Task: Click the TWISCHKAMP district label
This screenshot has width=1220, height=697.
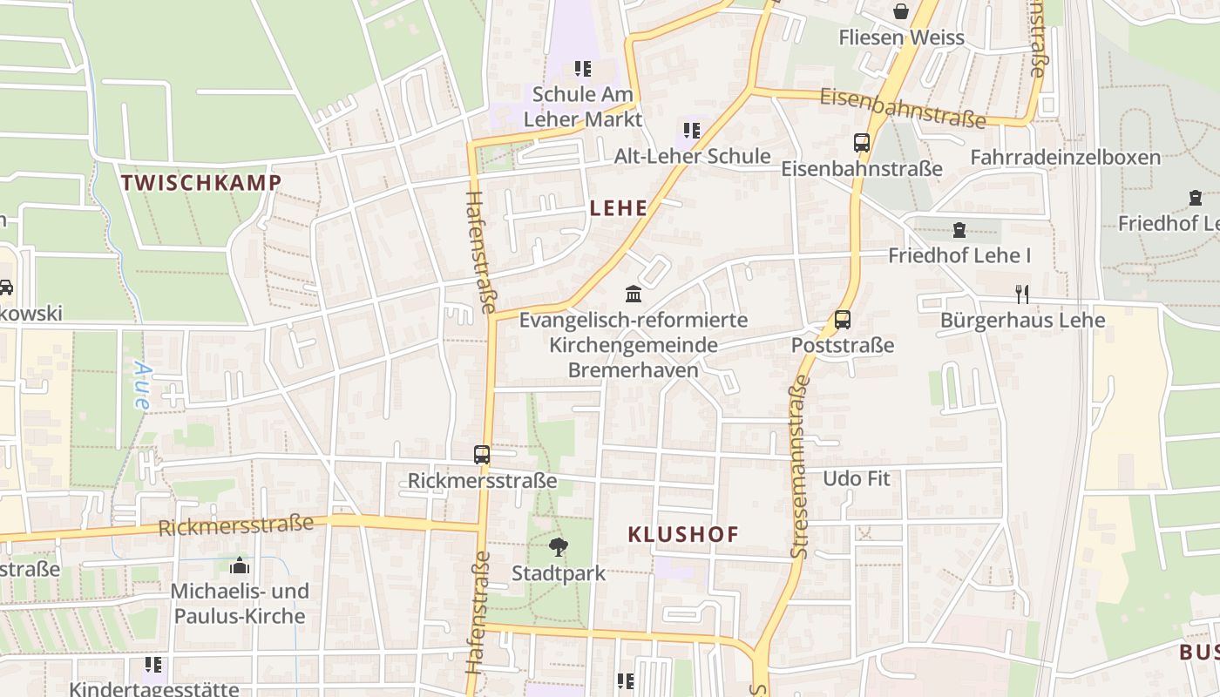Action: pyautogui.click(x=201, y=182)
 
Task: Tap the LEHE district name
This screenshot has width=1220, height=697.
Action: pyautogui.click(x=619, y=207)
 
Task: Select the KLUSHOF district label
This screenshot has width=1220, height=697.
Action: pyautogui.click(x=683, y=534)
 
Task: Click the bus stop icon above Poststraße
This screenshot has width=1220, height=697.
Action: pyautogui.click(x=843, y=320)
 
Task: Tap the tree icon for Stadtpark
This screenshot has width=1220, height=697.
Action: pyautogui.click(x=558, y=547)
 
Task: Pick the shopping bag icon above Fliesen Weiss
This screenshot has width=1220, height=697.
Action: pyautogui.click(x=901, y=11)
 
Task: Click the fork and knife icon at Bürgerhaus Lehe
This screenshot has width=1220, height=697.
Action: pyautogui.click(x=1022, y=294)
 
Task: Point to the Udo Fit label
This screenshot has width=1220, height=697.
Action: pyautogui.click(x=857, y=478)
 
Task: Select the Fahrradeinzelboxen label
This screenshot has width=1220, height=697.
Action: pyautogui.click(x=1066, y=157)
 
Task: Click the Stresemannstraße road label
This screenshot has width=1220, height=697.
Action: pyautogui.click(x=799, y=467)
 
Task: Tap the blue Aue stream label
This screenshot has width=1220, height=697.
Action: pyautogui.click(x=142, y=385)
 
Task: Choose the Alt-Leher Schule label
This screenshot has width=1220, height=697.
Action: pyautogui.click(x=692, y=156)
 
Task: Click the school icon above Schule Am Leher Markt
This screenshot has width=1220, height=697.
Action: pyautogui.click(x=583, y=68)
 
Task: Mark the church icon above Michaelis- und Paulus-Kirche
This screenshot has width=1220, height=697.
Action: pyautogui.click(x=240, y=565)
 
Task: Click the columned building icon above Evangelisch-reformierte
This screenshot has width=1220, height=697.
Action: pyautogui.click(x=634, y=294)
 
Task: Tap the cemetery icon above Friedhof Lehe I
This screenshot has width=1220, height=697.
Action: pyautogui.click(x=959, y=230)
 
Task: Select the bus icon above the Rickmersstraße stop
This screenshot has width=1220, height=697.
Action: pyautogui.click(x=482, y=454)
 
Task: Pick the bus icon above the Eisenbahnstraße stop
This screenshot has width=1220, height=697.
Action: pyautogui.click(x=862, y=143)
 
